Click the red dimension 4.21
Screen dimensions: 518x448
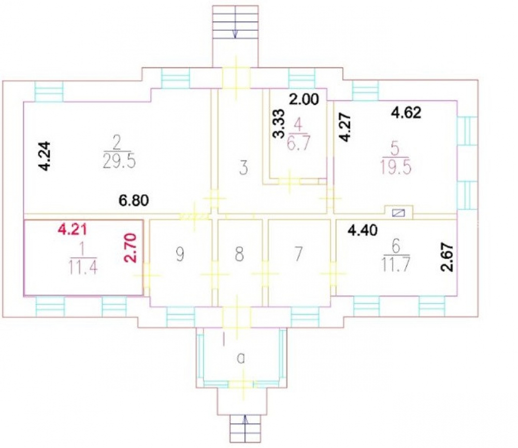point(73,229)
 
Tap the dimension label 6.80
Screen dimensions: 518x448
point(134,200)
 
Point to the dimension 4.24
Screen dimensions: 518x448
point(45,156)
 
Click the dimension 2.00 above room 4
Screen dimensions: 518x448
point(304,99)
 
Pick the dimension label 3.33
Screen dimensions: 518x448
point(278,124)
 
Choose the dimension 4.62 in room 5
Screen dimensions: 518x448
point(406,113)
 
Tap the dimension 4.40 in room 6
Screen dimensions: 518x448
point(363,230)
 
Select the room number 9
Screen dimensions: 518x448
point(180,254)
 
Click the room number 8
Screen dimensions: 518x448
point(239,254)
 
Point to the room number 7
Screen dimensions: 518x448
point(298,254)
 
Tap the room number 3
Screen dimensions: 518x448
point(243,168)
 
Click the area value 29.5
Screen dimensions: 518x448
point(119,162)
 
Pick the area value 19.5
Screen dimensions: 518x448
point(396,167)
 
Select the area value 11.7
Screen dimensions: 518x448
point(396,264)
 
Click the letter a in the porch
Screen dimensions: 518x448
point(241,358)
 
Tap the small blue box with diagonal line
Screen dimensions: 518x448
point(398,213)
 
